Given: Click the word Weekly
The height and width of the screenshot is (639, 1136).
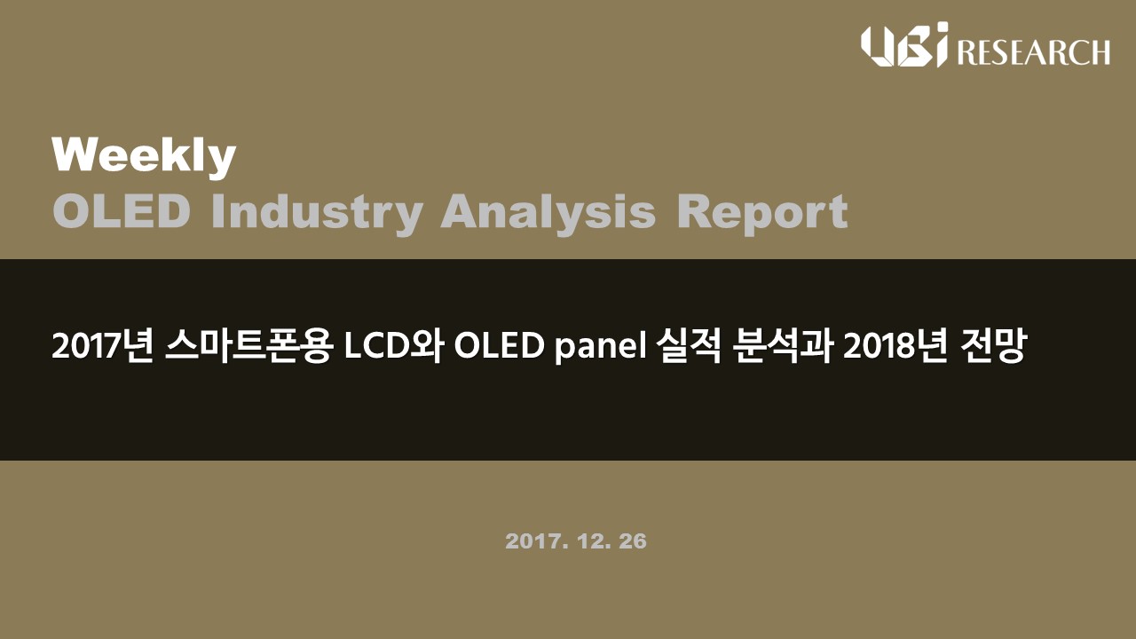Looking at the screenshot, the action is coord(144,157).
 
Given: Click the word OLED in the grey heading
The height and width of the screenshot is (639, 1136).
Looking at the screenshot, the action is coord(122,211).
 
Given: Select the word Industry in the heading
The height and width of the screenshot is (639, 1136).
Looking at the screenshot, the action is coord(317,214).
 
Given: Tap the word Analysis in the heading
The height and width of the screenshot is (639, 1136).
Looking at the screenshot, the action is coord(548,214).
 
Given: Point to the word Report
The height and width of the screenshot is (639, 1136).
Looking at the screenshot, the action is coord(762,214).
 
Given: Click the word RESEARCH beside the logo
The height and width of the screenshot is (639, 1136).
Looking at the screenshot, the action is coord(1033,52).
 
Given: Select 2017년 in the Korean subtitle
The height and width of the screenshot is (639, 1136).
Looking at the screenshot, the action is coord(102,346).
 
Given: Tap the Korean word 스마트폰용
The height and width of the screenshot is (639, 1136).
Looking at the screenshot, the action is coord(249,346).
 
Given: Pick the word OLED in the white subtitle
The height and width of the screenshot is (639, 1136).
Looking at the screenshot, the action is coord(499,347).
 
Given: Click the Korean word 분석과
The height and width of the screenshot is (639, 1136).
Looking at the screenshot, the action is coord(783,346).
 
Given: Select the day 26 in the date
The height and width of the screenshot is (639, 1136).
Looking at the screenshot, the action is coord(633,541).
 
